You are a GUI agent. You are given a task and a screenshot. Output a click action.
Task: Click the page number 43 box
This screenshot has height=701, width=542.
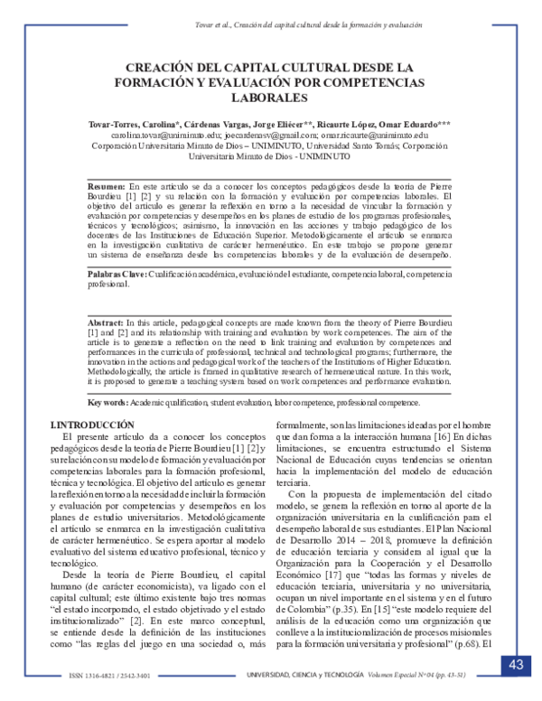(x=516, y=666)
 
